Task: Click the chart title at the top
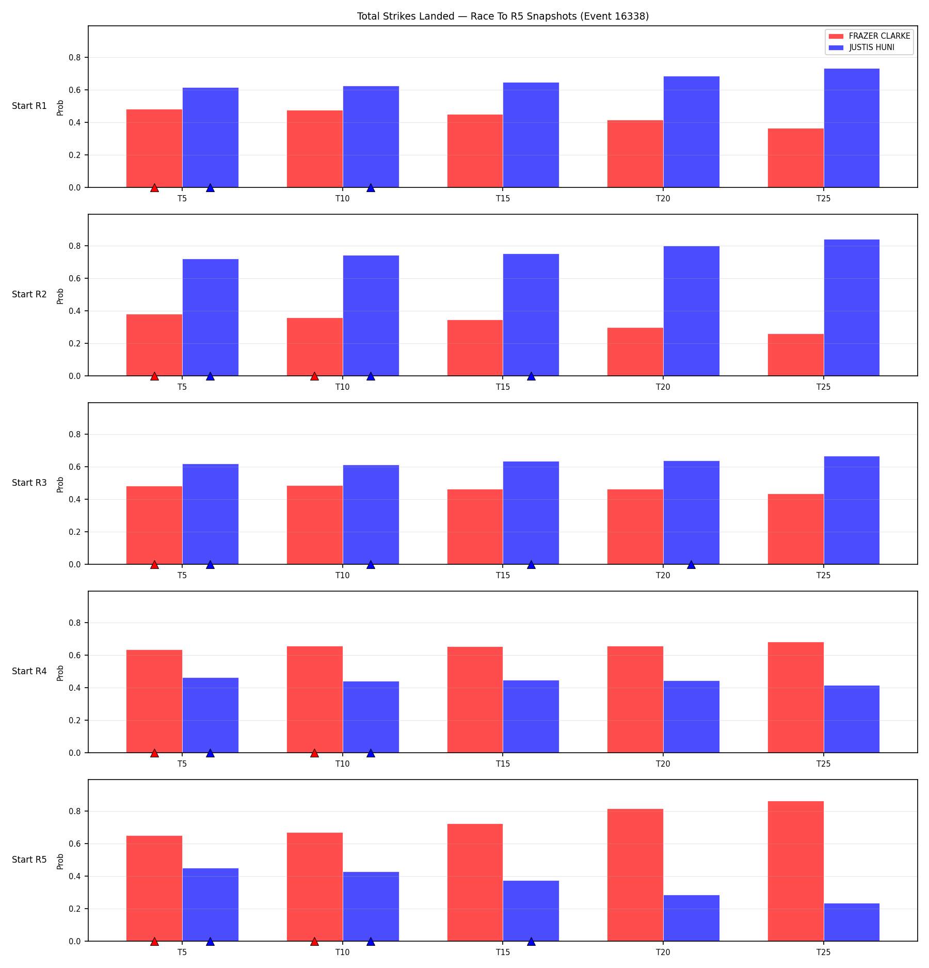point(503,16)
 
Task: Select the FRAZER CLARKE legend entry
point(869,36)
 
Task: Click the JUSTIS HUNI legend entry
point(861,47)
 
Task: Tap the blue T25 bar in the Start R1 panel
point(852,128)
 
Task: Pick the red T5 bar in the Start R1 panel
point(154,148)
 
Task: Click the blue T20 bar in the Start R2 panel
point(691,311)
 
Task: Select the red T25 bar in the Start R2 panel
point(796,355)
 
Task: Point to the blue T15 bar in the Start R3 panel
point(531,513)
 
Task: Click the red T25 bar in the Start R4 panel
point(796,697)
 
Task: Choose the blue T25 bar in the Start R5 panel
point(852,922)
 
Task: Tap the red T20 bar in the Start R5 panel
point(635,875)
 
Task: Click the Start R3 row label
point(29,483)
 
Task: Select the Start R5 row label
point(29,860)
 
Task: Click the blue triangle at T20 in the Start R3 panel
point(691,565)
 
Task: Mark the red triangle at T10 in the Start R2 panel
point(314,376)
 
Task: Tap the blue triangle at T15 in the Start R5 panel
point(531,942)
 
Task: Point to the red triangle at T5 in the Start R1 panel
point(154,188)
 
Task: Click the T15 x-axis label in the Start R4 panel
point(503,764)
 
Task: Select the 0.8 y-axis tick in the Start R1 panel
point(75,57)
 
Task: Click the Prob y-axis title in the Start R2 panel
point(60,296)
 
